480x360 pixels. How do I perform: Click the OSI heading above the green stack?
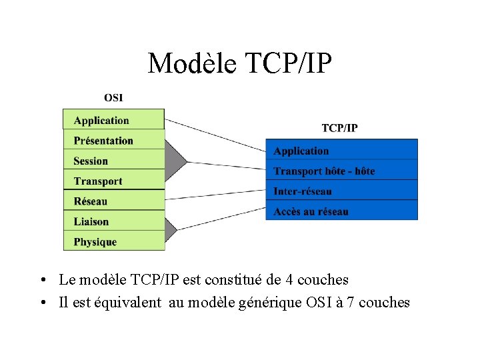[113, 98]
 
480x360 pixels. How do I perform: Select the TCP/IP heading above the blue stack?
[339, 128]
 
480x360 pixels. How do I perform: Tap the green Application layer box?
[113, 120]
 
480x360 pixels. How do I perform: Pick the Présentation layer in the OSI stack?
[113, 140]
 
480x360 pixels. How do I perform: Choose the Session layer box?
[113, 161]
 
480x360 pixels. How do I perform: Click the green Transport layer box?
[113, 181]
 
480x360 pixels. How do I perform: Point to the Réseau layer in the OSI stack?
[113, 201]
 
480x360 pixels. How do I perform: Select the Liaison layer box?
[113, 221]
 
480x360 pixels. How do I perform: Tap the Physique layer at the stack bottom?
[113, 241]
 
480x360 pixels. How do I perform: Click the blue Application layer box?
[341, 151]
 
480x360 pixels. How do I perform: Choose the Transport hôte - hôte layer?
[341, 171]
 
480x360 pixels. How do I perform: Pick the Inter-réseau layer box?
[341, 191]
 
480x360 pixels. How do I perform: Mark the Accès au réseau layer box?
[341, 211]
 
